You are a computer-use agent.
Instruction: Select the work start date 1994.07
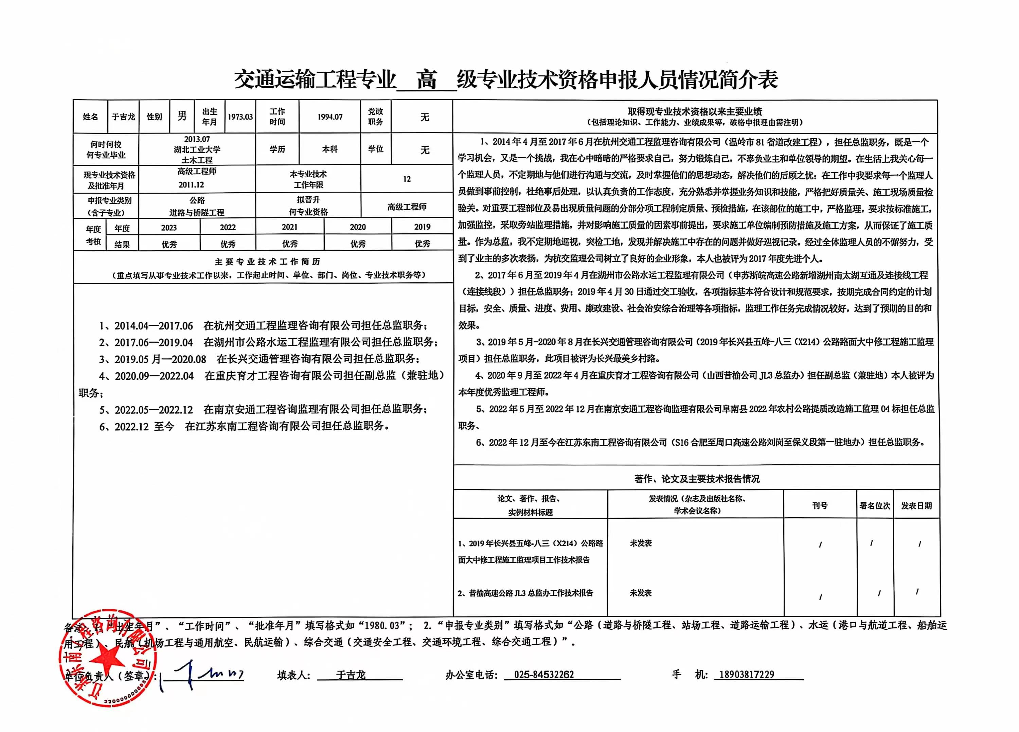tap(330, 117)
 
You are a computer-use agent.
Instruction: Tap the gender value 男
tap(182, 117)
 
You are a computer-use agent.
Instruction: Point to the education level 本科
tap(330, 149)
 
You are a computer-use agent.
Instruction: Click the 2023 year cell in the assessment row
tap(169, 227)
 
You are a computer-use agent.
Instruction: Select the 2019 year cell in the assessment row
tap(422, 227)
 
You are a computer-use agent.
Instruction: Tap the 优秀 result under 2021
tap(290, 244)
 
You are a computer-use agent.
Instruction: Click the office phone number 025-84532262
tap(544, 675)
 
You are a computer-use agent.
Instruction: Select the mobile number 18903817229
tap(747, 675)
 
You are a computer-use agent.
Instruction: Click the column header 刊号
tap(820, 505)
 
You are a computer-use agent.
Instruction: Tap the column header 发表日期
tap(916, 505)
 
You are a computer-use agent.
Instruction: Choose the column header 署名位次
tap(874, 505)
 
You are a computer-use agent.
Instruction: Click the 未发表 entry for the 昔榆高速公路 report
tap(640, 593)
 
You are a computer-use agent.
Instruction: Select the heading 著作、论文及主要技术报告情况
tap(696, 479)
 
